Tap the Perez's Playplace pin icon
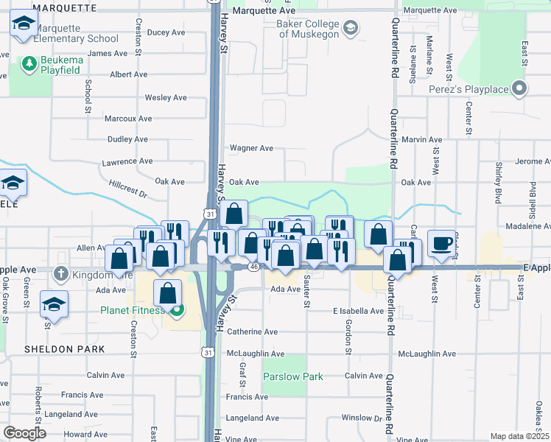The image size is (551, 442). coord(520,90)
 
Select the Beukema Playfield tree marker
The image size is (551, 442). coord(29,64)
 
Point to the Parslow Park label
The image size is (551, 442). coord(293,376)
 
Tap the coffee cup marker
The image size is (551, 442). coord(441,244)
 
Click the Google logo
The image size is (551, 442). coord(25,432)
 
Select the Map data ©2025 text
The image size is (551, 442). coord(519,436)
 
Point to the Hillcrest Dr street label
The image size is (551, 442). coord(128,190)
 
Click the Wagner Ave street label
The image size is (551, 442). coord(251,148)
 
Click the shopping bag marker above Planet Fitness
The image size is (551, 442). coord(169,293)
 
